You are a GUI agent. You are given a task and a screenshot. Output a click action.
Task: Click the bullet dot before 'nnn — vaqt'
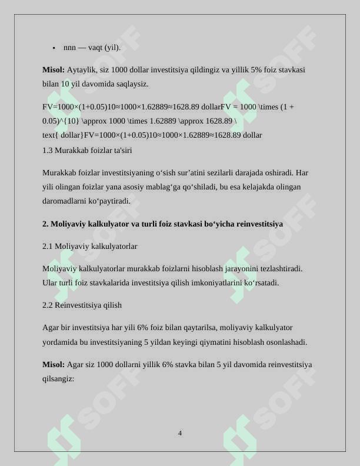(x=54, y=48)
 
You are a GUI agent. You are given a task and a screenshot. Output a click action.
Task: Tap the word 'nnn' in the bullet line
(x=69, y=48)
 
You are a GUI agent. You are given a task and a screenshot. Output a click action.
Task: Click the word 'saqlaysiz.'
(x=131, y=84)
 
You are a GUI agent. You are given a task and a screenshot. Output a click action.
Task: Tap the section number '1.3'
(x=48, y=151)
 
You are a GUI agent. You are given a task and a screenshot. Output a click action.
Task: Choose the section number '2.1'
(x=48, y=246)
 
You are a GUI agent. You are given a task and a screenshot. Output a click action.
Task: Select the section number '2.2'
(x=48, y=305)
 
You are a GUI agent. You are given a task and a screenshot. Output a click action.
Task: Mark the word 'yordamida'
(x=59, y=342)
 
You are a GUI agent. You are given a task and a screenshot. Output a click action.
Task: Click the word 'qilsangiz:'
(x=58, y=379)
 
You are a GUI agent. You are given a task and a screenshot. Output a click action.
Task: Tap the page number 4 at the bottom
(x=180, y=434)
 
